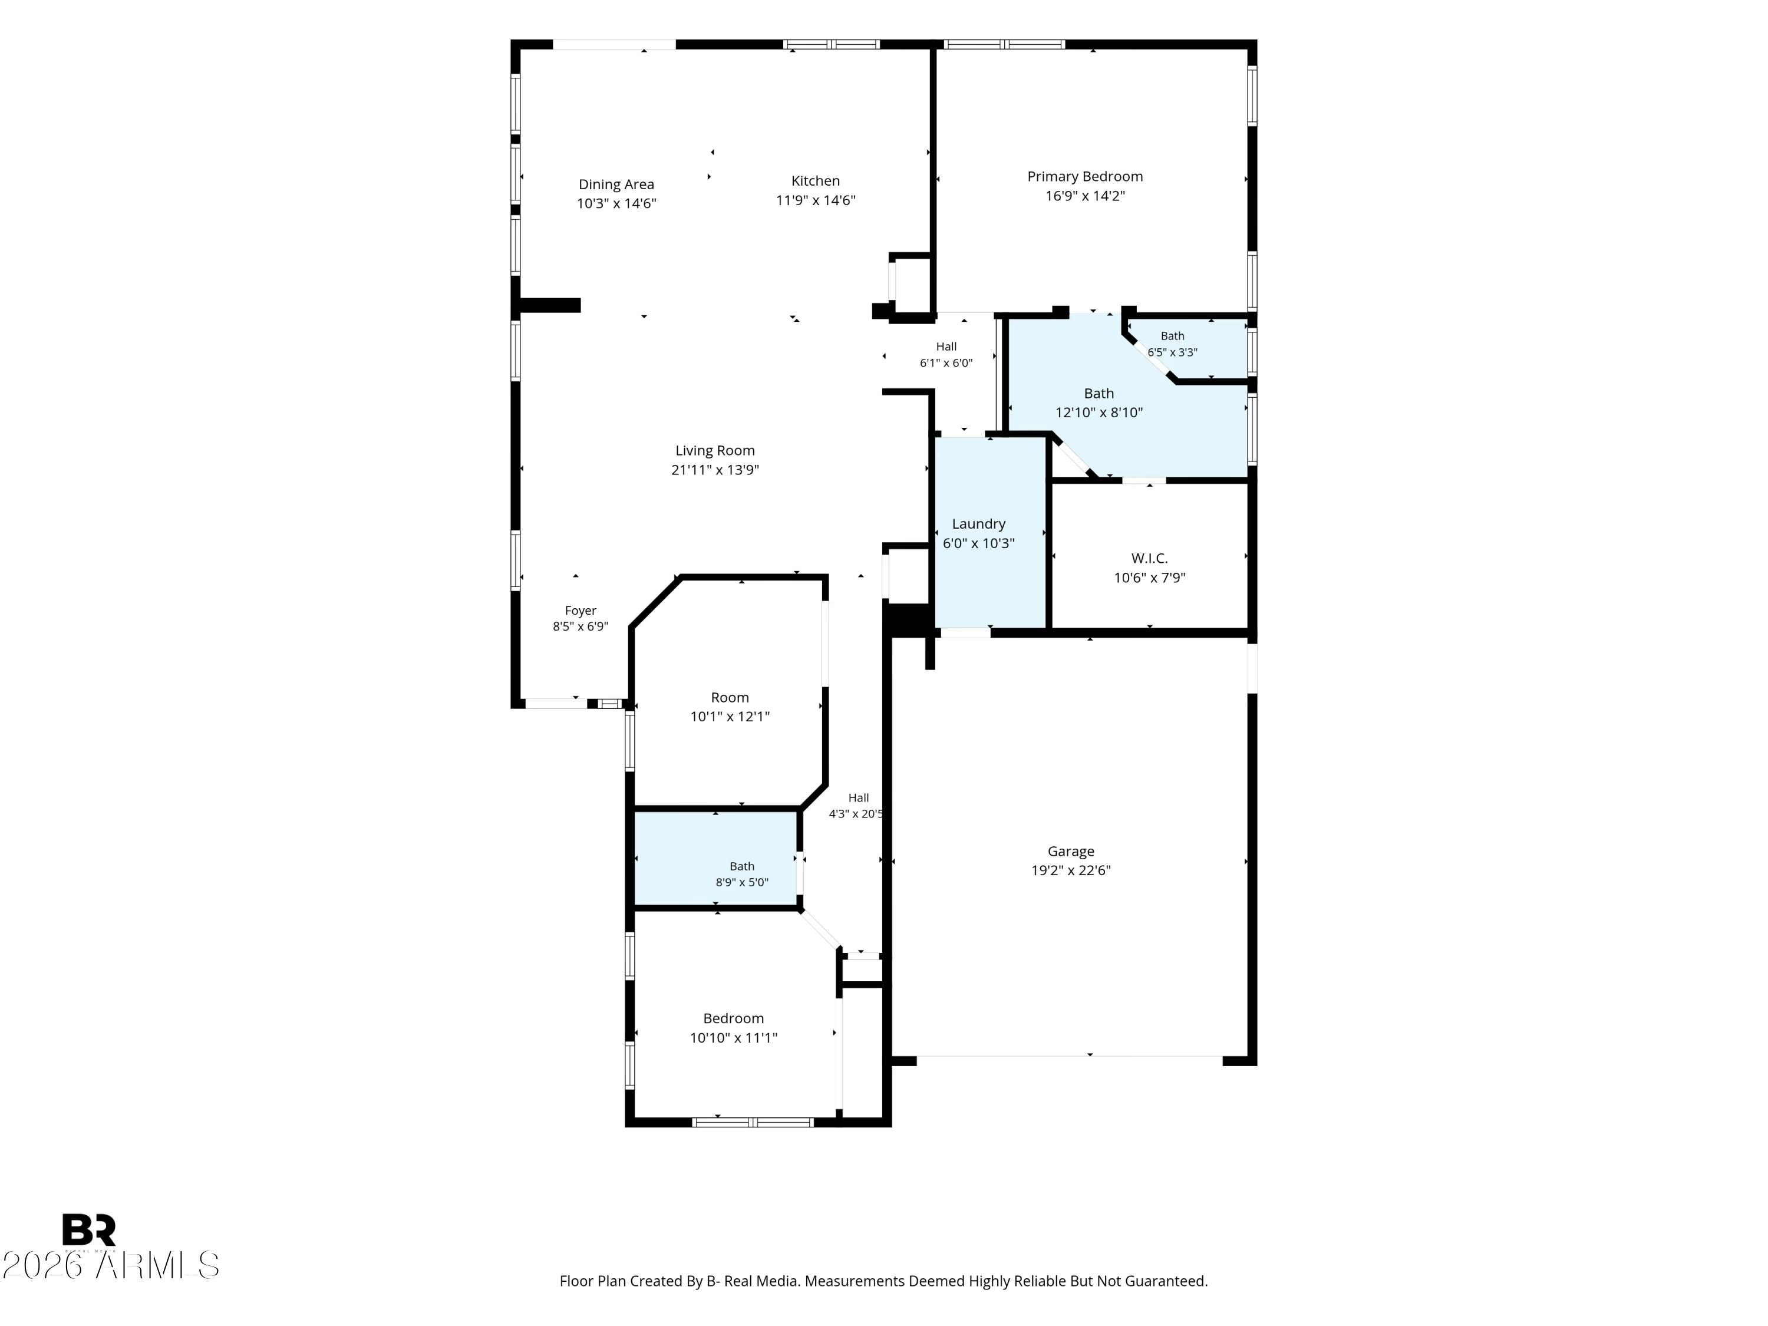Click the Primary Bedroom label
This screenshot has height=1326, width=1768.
coord(1084,177)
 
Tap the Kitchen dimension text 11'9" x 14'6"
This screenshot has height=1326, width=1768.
coord(815,200)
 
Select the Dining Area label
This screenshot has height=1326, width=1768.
coord(616,184)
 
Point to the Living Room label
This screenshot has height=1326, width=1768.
coord(714,451)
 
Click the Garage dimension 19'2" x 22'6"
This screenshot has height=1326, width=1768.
coord(1071,870)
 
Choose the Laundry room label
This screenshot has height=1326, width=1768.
coord(978,525)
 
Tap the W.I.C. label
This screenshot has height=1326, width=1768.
coord(1149,559)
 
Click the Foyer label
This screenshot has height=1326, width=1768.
coord(580,611)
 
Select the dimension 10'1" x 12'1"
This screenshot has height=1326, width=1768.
coord(730,717)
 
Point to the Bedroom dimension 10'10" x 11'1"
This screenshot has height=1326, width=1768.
coord(734,1038)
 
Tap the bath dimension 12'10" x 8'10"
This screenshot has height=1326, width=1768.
coord(1099,413)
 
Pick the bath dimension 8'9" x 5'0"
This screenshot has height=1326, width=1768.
coord(742,882)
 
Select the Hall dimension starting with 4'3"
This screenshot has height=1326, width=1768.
coord(856,814)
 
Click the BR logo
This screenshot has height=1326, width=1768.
coord(89,1230)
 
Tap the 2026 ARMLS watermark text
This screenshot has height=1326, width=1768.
coord(111,1265)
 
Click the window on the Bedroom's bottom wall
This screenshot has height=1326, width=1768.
coord(752,1122)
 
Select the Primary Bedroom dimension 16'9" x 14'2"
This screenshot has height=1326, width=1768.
coord(1084,196)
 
